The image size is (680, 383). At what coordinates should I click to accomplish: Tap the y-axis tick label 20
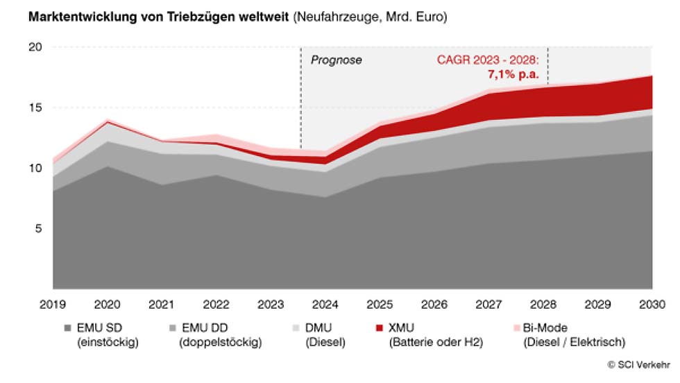tap(35, 48)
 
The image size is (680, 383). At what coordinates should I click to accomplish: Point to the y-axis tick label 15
tap(35, 108)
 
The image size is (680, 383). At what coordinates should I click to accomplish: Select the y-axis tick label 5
tap(39, 229)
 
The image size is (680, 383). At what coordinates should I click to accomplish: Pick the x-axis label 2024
tap(325, 304)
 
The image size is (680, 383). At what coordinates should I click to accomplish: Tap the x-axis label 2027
tap(489, 304)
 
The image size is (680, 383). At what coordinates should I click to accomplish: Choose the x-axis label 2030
tap(652, 304)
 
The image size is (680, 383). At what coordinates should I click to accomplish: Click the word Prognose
tap(336, 60)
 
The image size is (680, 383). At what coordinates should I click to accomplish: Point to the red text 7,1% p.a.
tap(514, 74)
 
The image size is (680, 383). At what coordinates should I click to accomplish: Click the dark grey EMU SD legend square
tap(67, 328)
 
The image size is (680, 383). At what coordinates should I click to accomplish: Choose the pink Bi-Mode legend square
tap(517, 328)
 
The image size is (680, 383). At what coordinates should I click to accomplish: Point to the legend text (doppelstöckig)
tap(220, 342)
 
